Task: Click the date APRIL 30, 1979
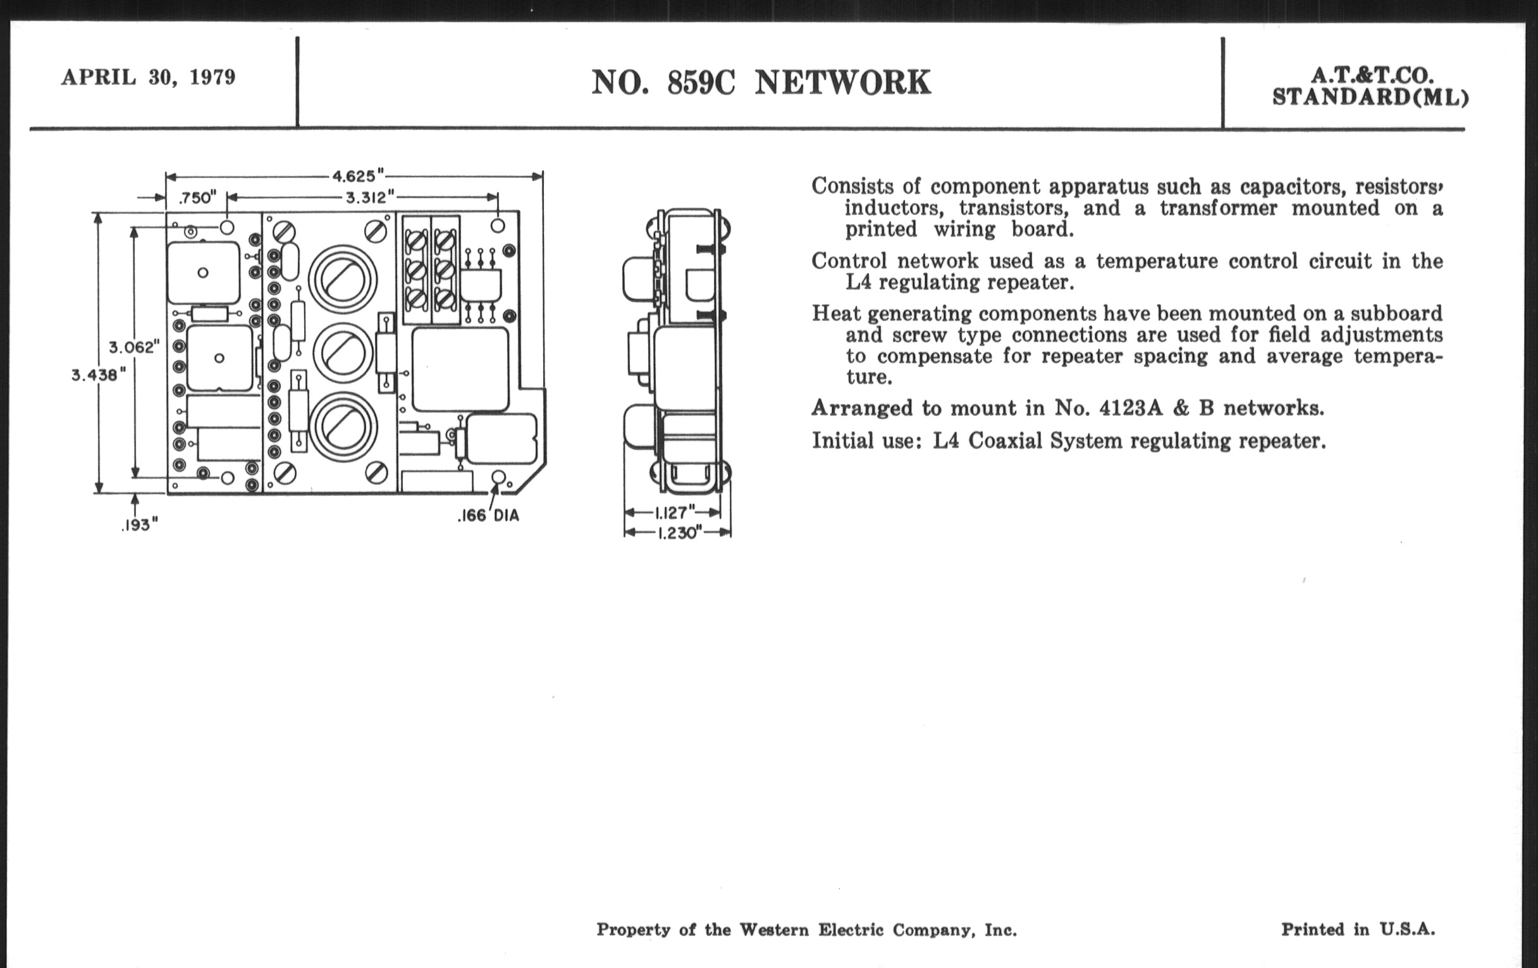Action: coord(148,77)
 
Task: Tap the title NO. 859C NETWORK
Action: coord(761,83)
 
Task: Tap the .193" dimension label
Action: coord(139,524)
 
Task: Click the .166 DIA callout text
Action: coord(489,516)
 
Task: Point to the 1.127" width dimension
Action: coord(674,512)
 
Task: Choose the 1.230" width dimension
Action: coord(677,533)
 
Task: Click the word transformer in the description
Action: coord(1218,208)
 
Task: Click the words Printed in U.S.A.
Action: coord(1358,929)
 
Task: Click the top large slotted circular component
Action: coord(343,280)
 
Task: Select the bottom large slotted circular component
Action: coord(343,426)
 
